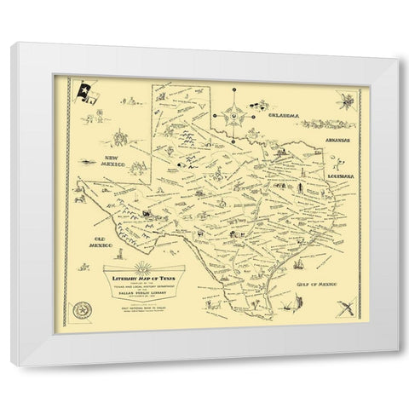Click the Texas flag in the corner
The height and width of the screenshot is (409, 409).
pos(86,91)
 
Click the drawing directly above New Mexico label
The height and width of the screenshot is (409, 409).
pos(122,136)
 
